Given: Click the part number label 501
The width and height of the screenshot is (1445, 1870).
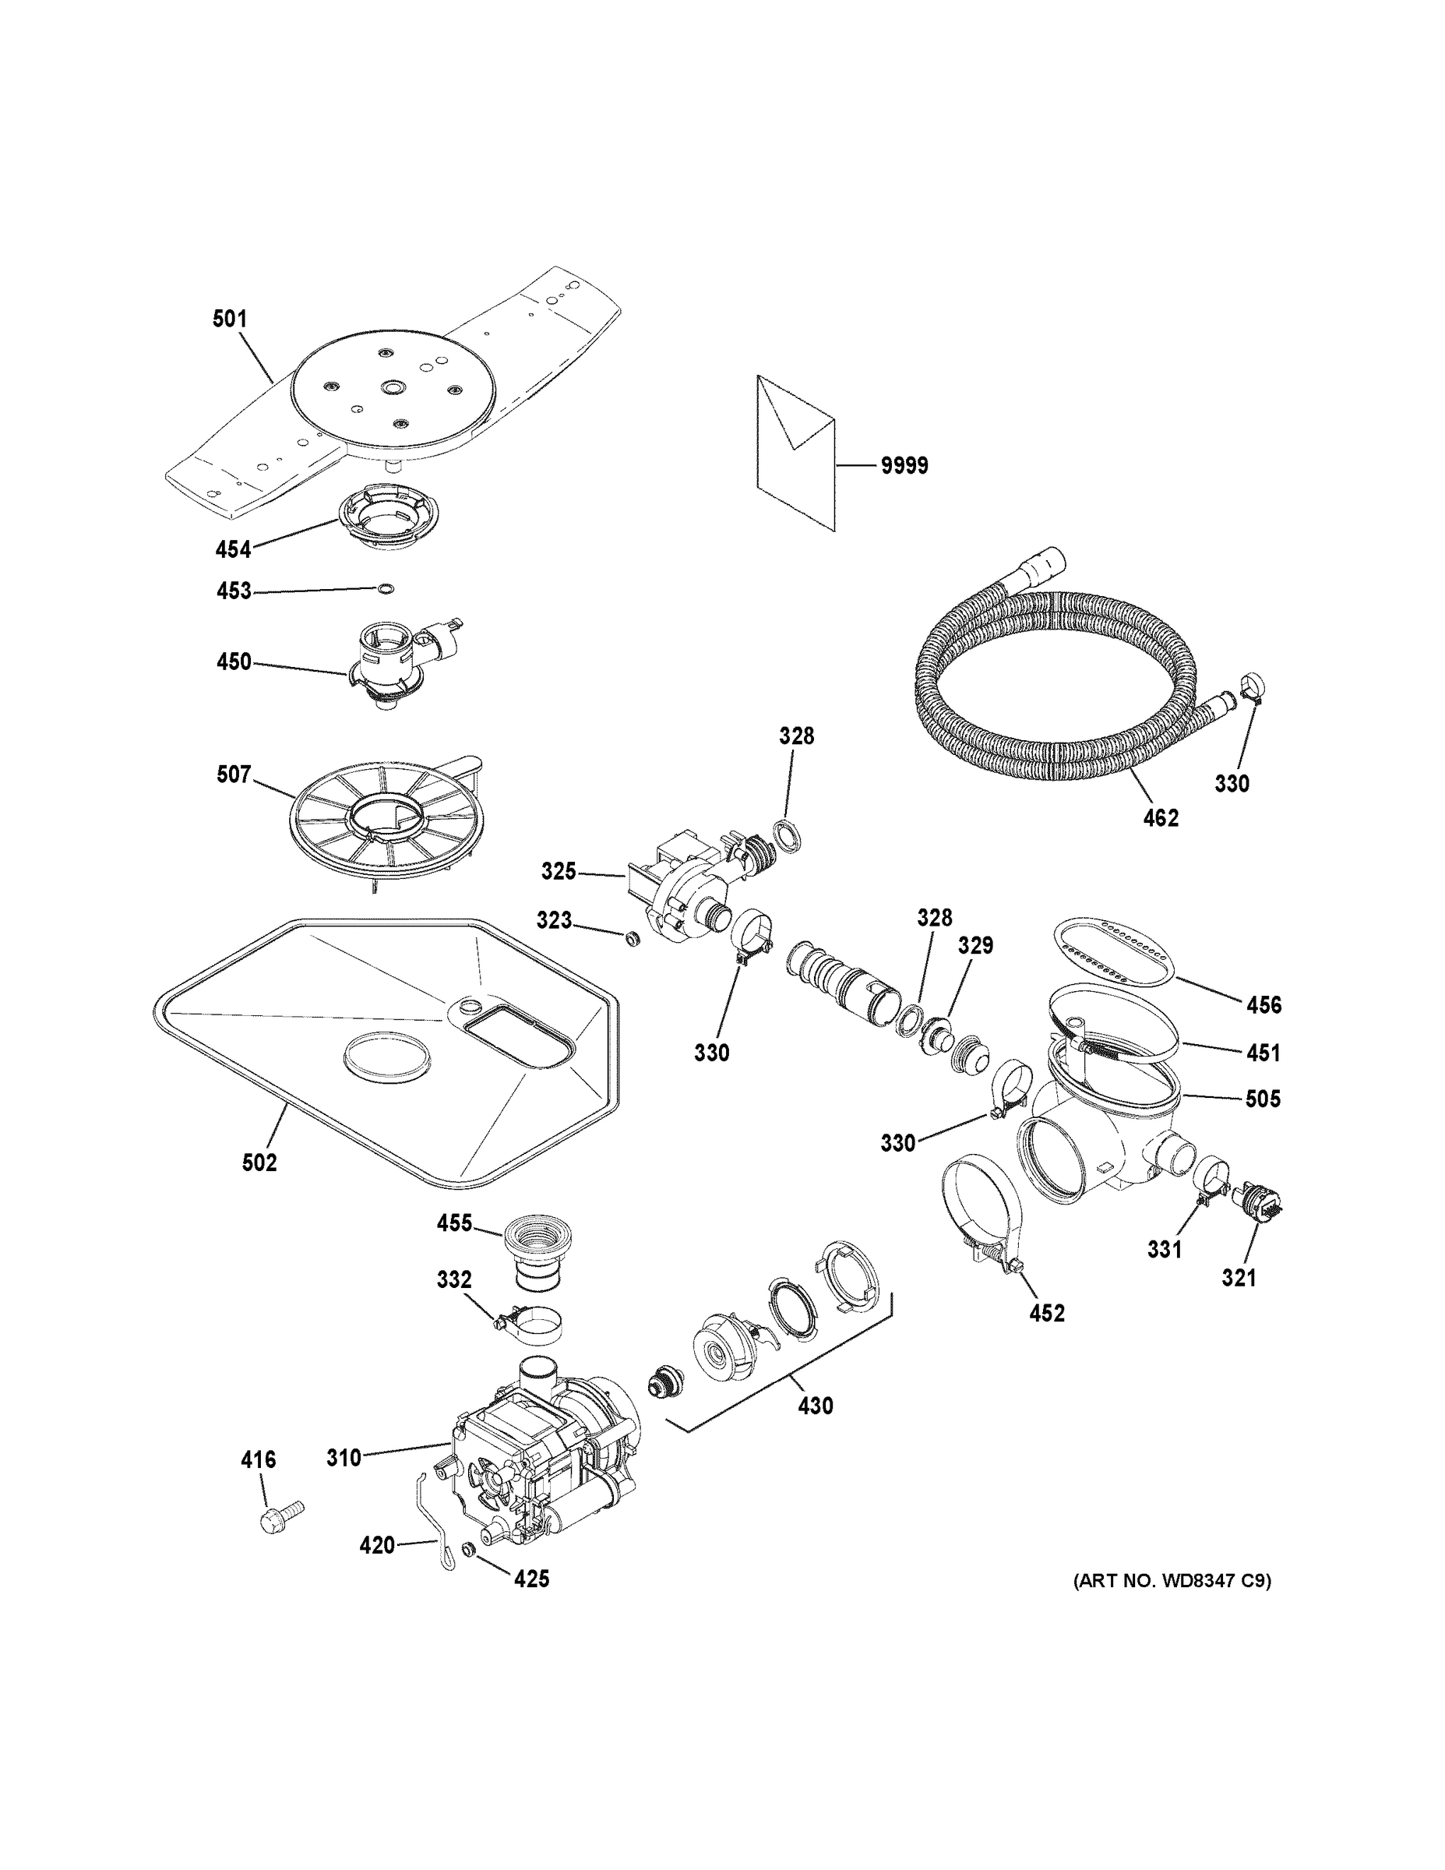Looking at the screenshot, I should tap(230, 319).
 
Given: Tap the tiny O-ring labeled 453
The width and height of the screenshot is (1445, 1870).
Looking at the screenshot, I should tap(386, 588).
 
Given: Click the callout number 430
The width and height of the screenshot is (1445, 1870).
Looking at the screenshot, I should tap(815, 1405).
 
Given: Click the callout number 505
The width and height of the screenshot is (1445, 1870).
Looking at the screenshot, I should tap(1263, 1099).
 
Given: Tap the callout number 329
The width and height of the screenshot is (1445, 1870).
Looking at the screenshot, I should tap(975, 945).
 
